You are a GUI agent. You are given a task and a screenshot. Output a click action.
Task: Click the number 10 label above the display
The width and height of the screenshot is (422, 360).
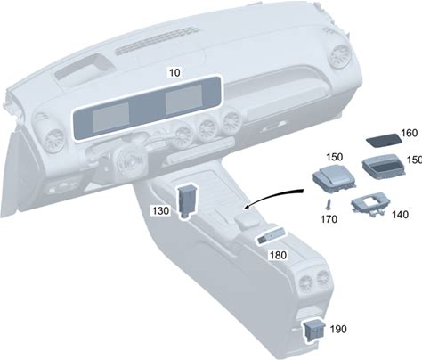(x=174, y=72)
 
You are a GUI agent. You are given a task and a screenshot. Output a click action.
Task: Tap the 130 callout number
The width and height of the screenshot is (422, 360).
(x=161, y=211)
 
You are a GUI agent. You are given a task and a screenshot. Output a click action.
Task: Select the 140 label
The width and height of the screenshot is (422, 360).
(x=400, y=215)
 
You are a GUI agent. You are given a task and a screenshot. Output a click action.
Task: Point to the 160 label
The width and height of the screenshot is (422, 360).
(x=409, y=133)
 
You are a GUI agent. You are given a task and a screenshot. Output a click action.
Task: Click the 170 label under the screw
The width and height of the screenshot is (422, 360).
(x=329, y=219)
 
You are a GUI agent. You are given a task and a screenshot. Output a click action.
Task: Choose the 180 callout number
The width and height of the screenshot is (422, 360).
(x=278, y=255)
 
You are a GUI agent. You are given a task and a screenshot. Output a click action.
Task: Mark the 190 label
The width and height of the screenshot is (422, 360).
(x=338, y=329)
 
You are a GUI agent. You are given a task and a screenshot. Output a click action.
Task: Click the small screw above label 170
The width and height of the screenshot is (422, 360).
(x=329, y=204)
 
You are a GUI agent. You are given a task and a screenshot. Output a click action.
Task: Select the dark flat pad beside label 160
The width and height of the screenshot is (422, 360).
(x=383, y=140)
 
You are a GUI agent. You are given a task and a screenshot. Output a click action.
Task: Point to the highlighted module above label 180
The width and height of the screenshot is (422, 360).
(x=272, y=236)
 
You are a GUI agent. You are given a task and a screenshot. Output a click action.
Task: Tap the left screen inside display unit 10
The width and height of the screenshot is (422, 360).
(x=110, y=117)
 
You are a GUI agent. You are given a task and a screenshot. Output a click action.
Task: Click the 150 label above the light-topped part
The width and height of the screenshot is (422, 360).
(x=335, y=157)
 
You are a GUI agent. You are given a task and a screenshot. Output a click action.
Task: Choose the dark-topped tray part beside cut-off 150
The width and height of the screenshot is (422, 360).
(x=383, y=168)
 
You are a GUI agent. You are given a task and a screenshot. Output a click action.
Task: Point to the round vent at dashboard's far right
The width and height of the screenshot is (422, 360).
(x=341, y=56)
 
